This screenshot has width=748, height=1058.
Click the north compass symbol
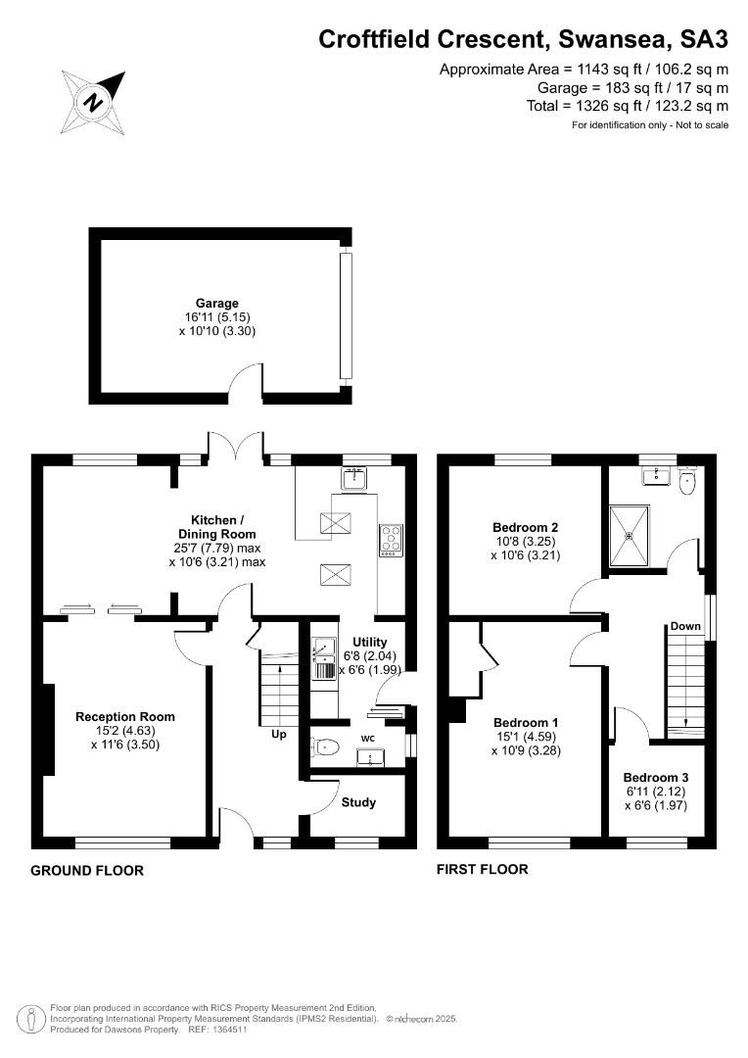tap(94, 102)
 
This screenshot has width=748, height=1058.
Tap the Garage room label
tap(217, 303)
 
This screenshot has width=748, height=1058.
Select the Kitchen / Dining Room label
tap(216, 526)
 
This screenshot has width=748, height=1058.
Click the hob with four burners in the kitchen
tap(392, 541)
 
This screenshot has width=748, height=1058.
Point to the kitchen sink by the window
tap(355, 478)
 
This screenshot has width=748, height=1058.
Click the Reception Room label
tap(124, 716)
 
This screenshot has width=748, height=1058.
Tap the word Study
tap(358, 802)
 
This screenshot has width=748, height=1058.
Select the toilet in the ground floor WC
tap(325, 746)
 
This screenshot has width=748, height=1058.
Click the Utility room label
tap(370, 642)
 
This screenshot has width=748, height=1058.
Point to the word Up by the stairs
tap(279, 734)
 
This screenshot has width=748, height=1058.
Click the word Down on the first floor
tap(685, 626)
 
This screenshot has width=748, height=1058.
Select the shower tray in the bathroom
tap(631, 537)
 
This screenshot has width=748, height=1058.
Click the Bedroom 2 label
tap(526, 528)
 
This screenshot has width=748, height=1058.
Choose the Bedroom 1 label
tap(526, 723)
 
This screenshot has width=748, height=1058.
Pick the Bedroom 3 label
tap(656, 777)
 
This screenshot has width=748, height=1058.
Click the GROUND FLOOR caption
tap(87, 871)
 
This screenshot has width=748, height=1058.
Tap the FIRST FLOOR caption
tap(483, 869)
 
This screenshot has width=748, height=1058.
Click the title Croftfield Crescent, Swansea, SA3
tap(524, 39)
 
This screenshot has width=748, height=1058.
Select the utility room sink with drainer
tap(324, 657)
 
